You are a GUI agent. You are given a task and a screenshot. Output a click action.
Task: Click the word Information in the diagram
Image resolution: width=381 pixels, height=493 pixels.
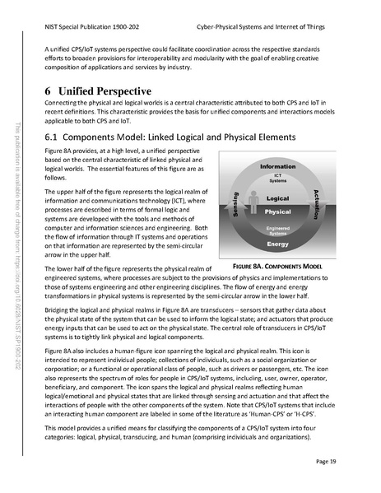pos(277,166)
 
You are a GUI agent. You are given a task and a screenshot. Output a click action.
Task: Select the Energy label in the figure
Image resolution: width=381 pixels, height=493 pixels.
pos(277,244)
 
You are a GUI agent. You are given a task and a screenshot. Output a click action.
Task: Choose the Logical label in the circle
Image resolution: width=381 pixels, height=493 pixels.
pos(278,198)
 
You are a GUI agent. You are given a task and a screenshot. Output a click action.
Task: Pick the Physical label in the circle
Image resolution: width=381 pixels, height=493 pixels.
pos(278,212)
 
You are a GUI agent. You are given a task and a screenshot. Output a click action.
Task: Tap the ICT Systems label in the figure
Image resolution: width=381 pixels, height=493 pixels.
pos(277,178)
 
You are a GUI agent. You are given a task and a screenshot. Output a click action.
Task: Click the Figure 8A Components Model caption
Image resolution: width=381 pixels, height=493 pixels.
pos(277,267)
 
